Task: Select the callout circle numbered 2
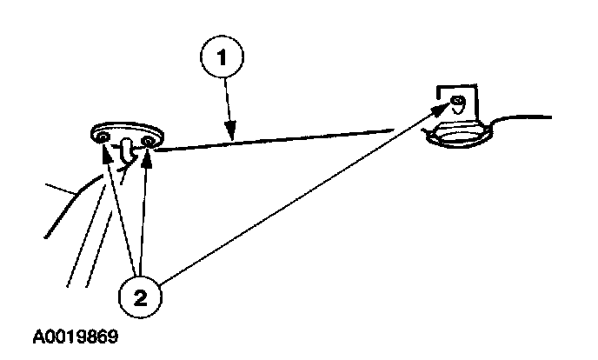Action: (141, 295)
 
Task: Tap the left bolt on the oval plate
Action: (103, 137)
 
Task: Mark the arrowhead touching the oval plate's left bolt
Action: (107, 150)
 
